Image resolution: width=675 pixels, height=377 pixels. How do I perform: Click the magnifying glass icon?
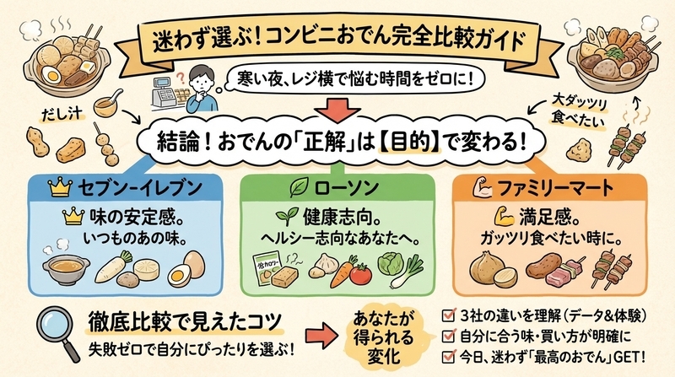57,333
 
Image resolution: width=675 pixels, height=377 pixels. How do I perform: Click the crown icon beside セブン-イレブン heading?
60,187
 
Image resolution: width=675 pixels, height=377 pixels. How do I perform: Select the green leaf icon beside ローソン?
298,187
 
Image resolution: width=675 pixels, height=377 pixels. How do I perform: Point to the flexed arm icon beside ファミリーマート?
482,187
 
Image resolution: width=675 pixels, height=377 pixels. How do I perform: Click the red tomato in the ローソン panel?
361,275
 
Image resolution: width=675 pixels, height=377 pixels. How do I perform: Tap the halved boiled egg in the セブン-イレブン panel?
179,276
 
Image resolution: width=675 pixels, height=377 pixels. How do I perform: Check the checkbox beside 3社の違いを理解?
448,316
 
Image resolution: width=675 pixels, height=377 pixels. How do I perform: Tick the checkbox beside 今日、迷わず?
448,356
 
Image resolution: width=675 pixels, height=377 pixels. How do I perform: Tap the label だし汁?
62,114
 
